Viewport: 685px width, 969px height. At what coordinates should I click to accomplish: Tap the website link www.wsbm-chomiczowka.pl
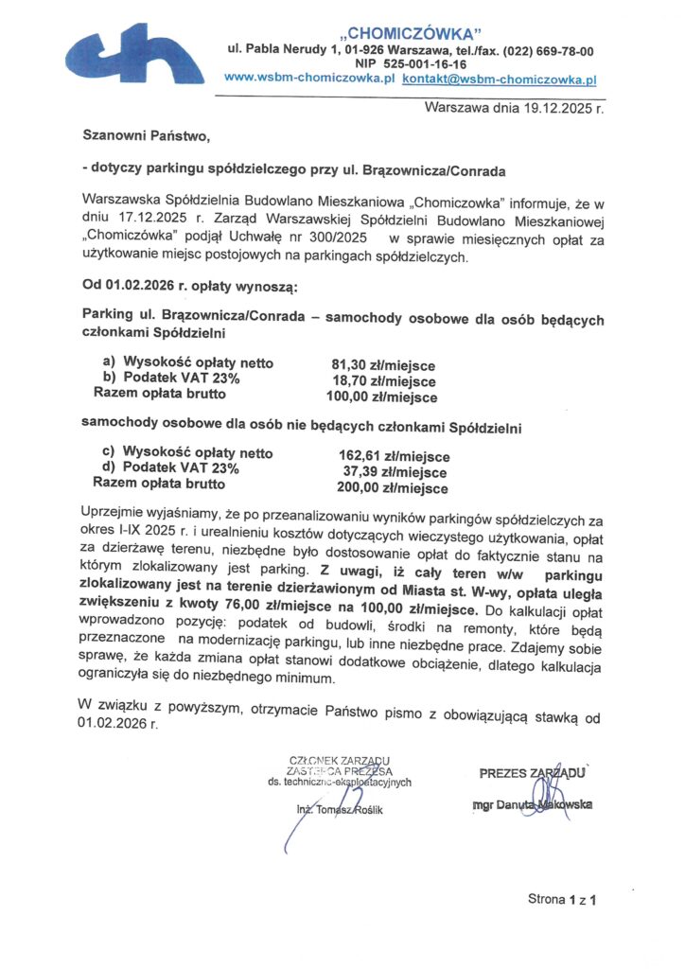(x=316, y=80)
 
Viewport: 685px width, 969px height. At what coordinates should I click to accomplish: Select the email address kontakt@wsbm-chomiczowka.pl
(x=500, y=80)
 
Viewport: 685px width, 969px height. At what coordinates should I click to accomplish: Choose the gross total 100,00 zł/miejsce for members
(x=380, y=397)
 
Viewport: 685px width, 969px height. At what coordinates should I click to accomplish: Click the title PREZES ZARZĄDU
(x=531, y=773)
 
